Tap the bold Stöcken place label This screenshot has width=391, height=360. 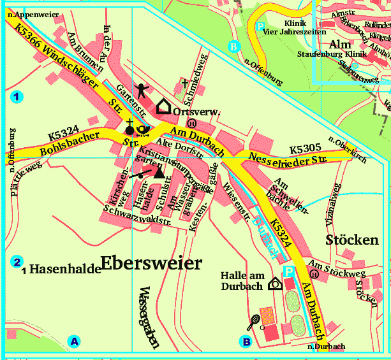pyautogui.click(x=351, y=240)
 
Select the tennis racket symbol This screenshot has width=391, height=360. pyautogui.click(x=253, y=321)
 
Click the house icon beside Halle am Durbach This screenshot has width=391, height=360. pyautogui.click(x=275, y=284)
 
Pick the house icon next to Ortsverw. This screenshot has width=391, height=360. pyautogui.click(x=165, y=106)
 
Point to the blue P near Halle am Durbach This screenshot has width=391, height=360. pyautogui.click(x=289, y=271)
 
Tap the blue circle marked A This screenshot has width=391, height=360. pyautogui.click(x=75, y=342)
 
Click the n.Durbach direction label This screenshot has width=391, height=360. pyautogui.click(x=326, y=347)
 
